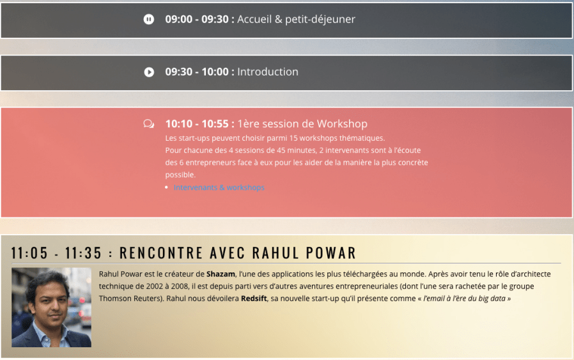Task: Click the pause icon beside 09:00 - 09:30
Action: (x=149, y=19)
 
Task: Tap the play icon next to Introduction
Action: (x=149, y=72)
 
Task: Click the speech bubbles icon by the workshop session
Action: (x=149, y=124)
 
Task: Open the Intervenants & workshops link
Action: (x=219, y=187)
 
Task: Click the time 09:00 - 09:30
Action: (x=197, y=19)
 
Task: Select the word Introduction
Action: (x=268, y=72)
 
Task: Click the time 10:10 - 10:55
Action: (x=197, y=124)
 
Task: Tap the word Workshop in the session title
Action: (x=342, y=124)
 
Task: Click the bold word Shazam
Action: (x=221, y=274)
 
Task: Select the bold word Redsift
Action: (x=254, y=299)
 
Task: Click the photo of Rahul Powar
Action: (x=51, y=308)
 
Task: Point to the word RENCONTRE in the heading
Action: (x=161, y=253)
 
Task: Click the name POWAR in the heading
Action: (x=331, y=253)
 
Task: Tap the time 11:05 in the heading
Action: (x=29, y=253)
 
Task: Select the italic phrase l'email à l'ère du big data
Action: (x=464, y=299)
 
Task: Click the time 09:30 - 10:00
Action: (x=197, y=72)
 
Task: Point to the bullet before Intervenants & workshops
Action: (x=167, y=187)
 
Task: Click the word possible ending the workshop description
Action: (x=180, y=175)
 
